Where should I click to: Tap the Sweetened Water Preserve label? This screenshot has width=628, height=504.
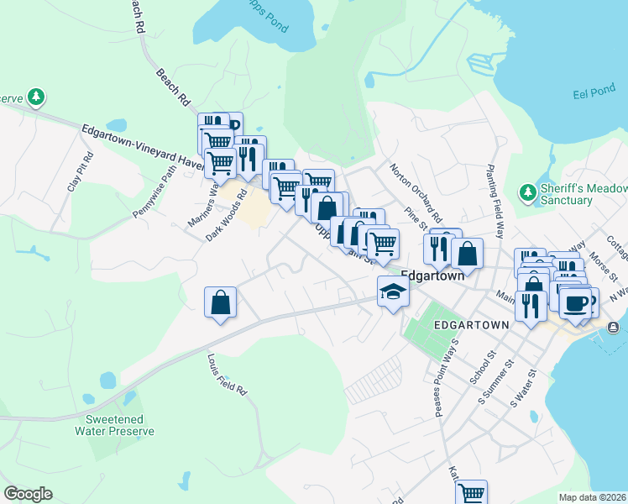click(x=114, y=425)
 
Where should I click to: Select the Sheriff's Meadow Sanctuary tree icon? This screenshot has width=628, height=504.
click(x=528, y=192)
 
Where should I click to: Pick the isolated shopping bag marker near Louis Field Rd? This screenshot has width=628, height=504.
click(x=220, y=302)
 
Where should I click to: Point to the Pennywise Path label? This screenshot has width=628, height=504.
click(x=155, y=192)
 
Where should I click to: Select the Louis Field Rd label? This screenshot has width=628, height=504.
click(x=227, y=373)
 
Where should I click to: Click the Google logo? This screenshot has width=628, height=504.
click(x=28, y=493)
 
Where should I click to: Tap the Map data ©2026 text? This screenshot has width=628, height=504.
click(x=592, y=497)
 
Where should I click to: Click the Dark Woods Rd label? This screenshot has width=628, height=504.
click(x=227, y=216)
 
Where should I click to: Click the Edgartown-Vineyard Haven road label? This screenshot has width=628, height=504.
click(x=143, y=147)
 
